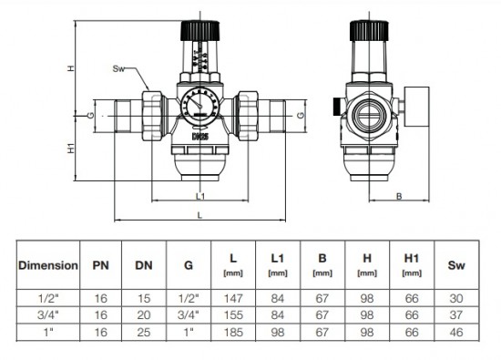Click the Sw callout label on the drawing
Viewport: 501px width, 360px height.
pos(118,68)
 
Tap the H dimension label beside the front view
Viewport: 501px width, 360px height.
pos(71,68)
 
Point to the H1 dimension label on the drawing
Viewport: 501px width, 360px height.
pos(71,148)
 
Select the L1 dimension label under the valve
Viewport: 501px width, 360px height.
pos(200,196)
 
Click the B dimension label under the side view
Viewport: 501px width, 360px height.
pos(399,196)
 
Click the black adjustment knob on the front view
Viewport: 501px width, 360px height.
pos(200,31)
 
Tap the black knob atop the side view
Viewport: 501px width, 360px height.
pos(369,31)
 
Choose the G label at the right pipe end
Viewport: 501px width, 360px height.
pos(301,115)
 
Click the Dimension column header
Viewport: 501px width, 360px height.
pos(48,265)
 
